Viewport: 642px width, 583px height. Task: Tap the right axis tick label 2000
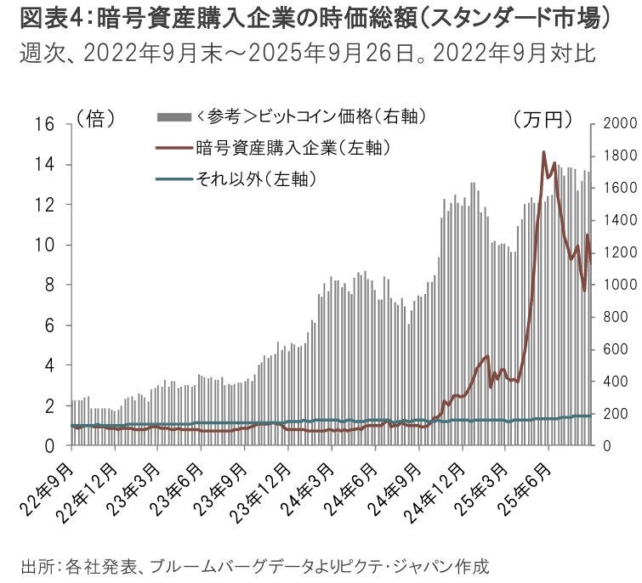pos(618,124)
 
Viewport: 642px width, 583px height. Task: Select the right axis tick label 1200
pos(618,252)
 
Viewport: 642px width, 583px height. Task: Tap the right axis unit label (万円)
pos(543,120)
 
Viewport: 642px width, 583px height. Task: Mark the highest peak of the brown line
pos(543,153)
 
